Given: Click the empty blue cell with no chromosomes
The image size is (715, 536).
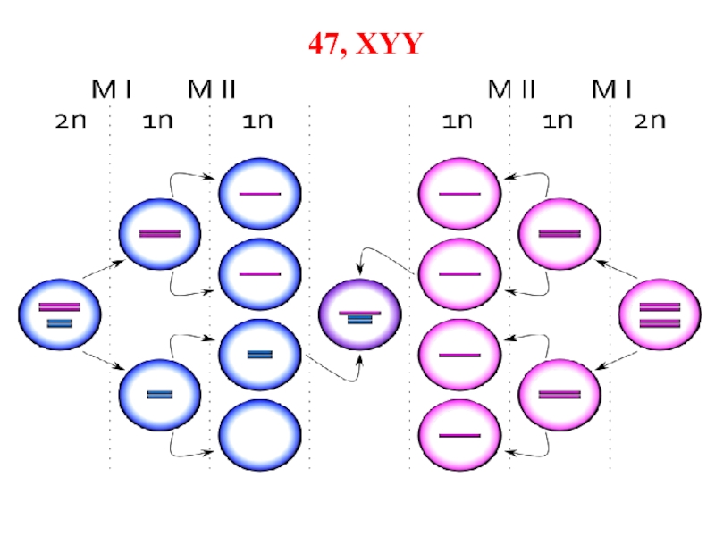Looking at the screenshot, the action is tap(260, 435).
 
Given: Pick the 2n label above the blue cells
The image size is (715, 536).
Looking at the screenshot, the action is tap(69, 122).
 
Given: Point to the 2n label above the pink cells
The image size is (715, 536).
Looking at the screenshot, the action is tap(651, 122).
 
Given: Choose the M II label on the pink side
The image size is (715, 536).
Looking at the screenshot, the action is tap(510, 89).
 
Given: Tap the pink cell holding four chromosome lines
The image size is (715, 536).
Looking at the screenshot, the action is tap(660, 314).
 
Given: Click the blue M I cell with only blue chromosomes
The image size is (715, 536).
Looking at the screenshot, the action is tap(160, 394).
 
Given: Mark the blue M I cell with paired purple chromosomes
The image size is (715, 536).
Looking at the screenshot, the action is tap(160, 234).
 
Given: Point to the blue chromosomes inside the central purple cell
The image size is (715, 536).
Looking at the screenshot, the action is tap(359, 321).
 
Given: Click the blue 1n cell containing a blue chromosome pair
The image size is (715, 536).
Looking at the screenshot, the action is tap(260, 355).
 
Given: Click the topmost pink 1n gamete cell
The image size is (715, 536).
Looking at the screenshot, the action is tap(460, 194).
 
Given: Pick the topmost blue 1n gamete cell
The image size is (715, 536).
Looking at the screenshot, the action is tap(260, 194).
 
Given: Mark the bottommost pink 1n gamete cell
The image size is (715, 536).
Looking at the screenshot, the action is tap(460, 435).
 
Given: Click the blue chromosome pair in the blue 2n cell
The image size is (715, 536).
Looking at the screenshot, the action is tap(59, 322).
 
